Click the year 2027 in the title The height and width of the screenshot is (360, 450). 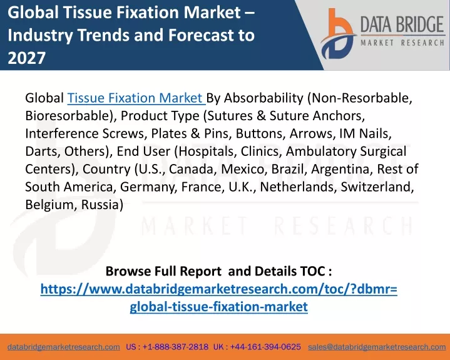click(x=27, y=58)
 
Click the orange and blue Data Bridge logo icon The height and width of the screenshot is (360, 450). click(x=338, y=34)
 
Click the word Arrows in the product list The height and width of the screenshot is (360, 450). click(x=312, y=133)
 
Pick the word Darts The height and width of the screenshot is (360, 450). click(x=43, y=152)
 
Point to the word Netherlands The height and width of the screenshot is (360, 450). click(x=298, y=187)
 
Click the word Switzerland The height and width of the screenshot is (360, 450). click(x=377, y=187)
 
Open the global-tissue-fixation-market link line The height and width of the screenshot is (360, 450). click(x=218, y=307)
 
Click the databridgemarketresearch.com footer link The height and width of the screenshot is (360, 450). click(x=64, y=347)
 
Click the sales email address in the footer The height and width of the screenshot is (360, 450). click(x=377, y=347)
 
